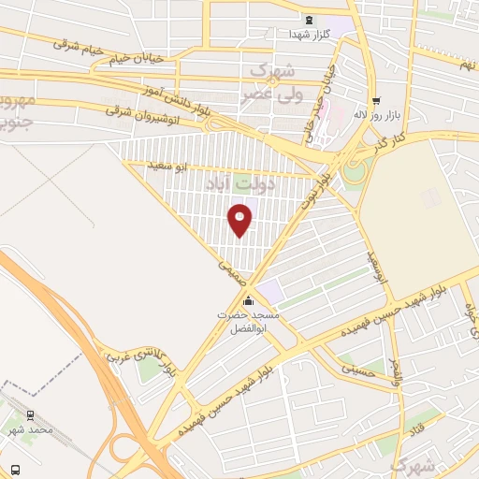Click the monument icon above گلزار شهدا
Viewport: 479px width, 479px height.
[x=307, y=21]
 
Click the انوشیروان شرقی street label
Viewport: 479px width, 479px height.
[x=120, y=109]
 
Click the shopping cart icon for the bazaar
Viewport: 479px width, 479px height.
[x=375, y=100]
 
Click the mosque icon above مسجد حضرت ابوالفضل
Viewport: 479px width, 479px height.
[x=248, y=301]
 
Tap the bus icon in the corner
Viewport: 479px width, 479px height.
[x=14, y=468]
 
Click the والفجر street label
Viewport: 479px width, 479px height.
[x=395, y=371]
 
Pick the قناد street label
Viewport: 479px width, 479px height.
[x=414, y=431]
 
